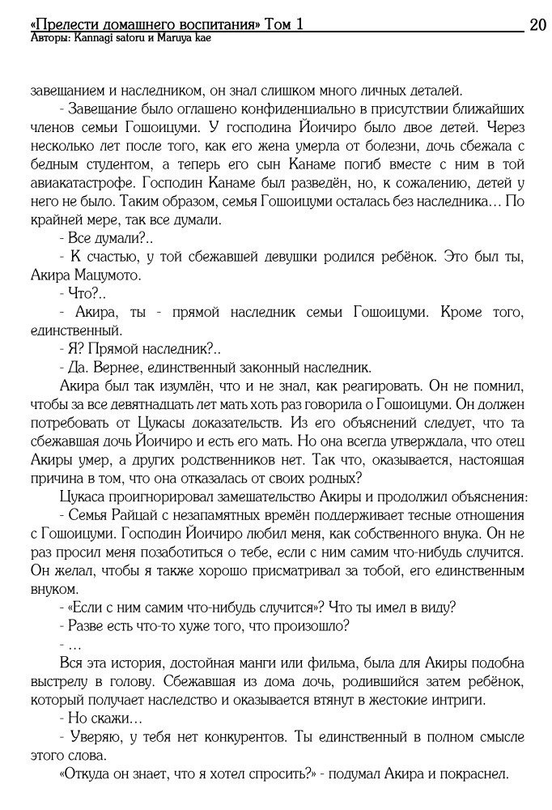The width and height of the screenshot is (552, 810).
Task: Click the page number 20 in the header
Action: click(x=537, y=25)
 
